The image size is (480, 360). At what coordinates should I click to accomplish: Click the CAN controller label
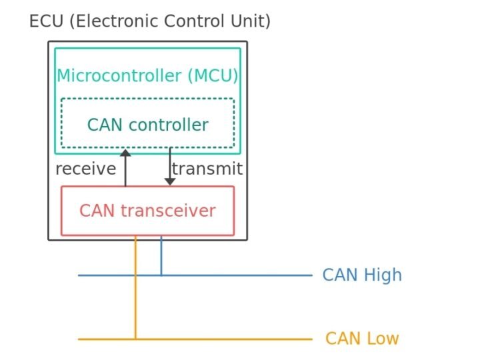tap(147, 125)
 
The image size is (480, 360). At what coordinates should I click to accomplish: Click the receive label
tap(85, 169)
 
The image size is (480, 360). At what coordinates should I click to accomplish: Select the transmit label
tap(207, 169)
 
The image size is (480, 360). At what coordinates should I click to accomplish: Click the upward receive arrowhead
tap(125, 153)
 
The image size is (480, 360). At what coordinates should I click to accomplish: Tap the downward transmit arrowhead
tap(170, 181)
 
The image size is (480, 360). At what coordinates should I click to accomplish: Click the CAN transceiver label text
tap(147, 211)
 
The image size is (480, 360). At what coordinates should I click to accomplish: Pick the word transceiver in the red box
tap(168, 211)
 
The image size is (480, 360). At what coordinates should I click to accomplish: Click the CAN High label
tap(362, 275)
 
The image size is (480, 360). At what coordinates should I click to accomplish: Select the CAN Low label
tap(362, 339)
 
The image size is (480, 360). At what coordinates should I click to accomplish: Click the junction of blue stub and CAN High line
tap(161, 275)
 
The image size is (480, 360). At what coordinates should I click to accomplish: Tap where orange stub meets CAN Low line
tap(135, 339)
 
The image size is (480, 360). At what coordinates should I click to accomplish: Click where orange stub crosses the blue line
tap(135, 275)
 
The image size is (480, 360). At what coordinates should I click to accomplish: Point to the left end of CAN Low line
tap(79, 339)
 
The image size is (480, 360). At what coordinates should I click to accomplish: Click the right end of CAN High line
tap(311, 275)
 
